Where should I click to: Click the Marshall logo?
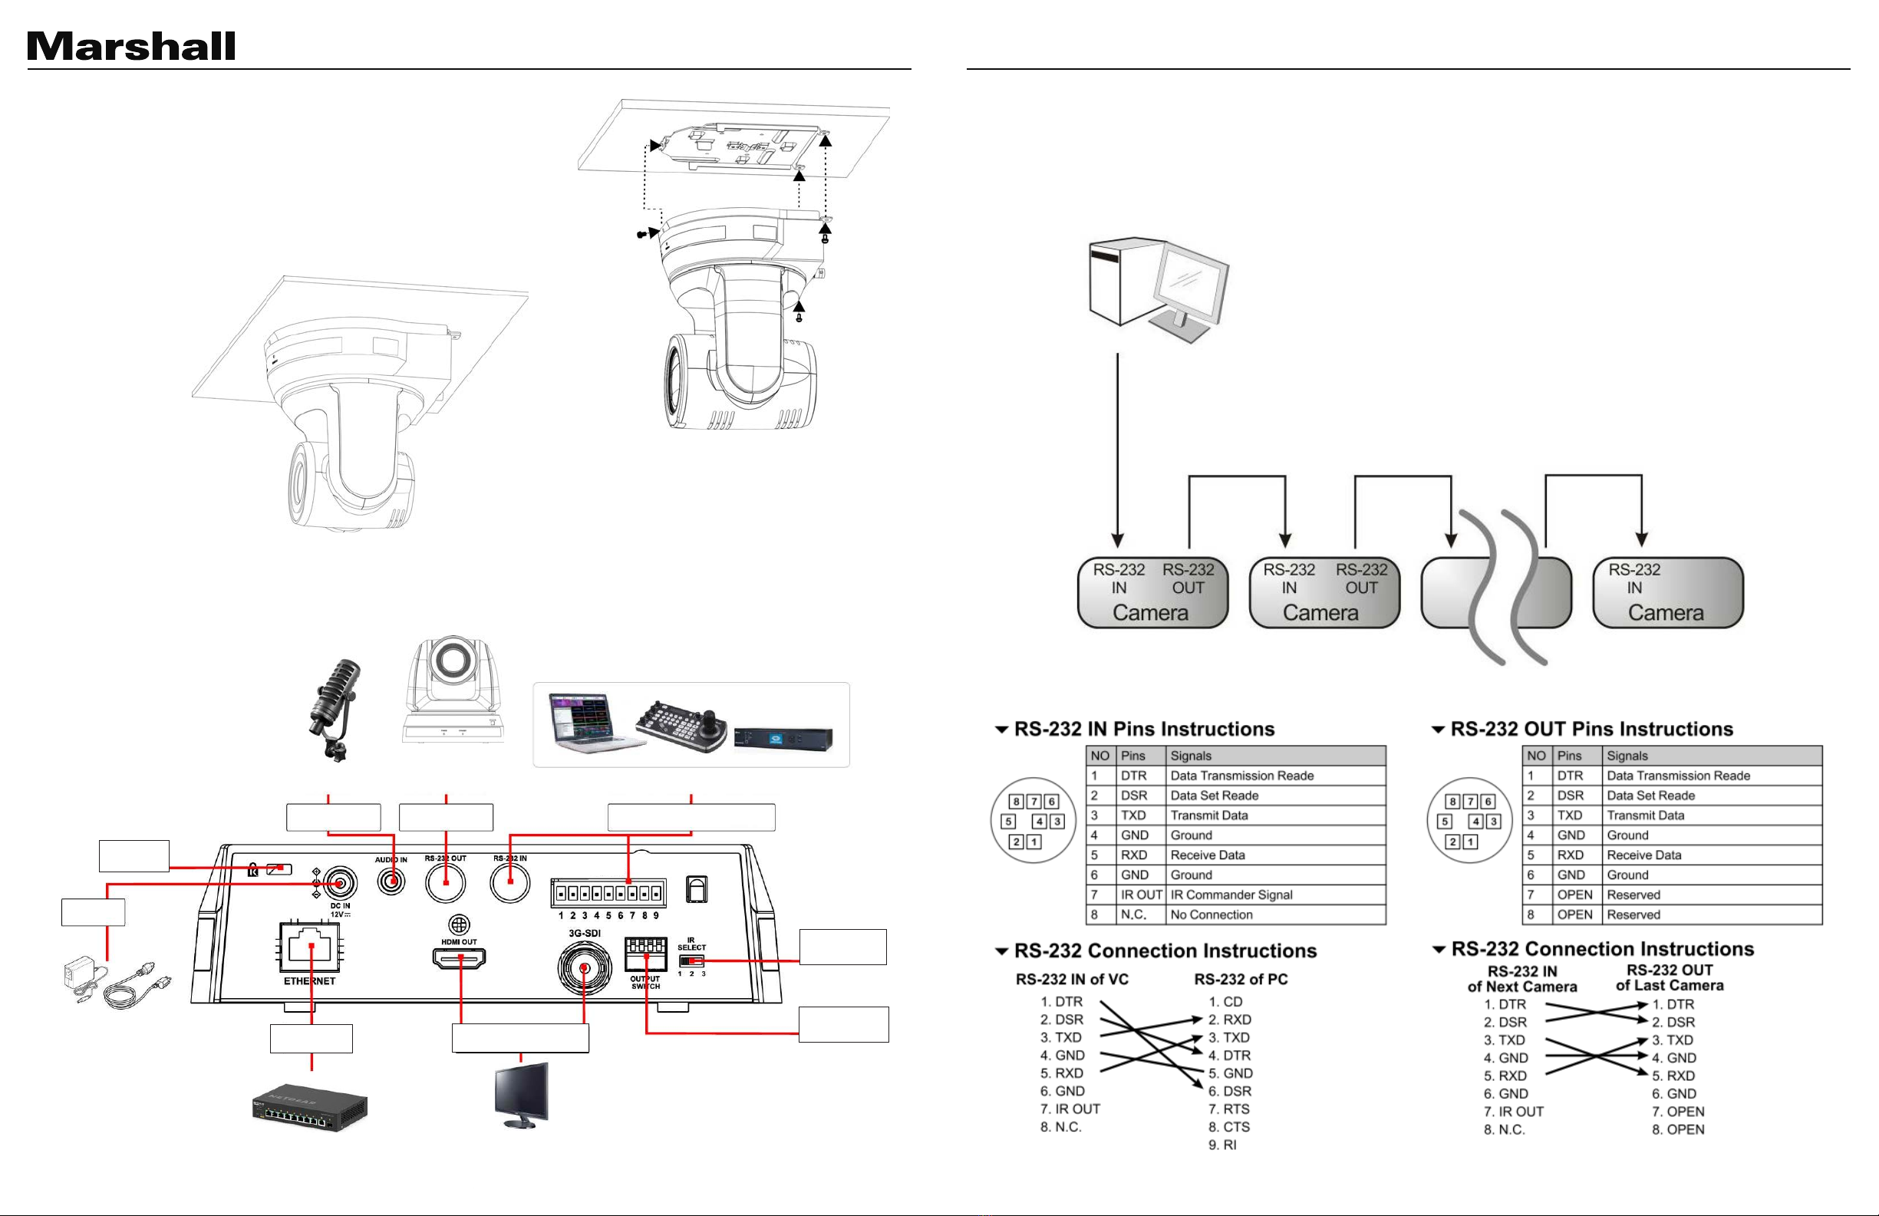131,47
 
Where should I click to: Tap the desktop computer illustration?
1159,289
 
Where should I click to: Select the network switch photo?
309,1107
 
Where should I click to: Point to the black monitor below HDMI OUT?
520,1096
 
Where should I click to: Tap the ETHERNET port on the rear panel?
310,946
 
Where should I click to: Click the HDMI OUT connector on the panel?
459,958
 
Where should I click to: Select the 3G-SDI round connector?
584,968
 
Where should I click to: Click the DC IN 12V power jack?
339,883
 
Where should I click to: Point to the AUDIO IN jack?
391,882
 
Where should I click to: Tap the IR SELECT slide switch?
691,961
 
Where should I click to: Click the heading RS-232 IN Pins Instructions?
1144,729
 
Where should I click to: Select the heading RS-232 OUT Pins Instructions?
1591,729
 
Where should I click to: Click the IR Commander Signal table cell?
1276,895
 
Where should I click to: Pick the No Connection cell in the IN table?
1276,914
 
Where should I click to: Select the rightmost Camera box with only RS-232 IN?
1667,593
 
